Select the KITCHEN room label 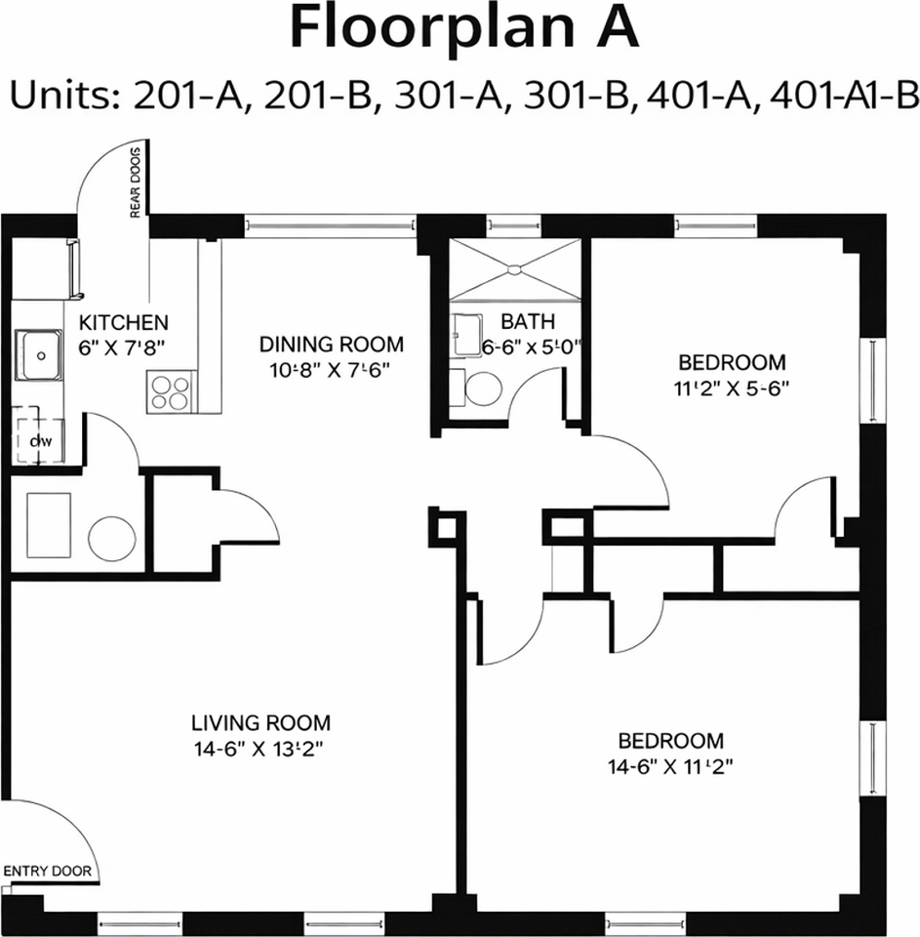pos(124,322)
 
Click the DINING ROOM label pos(331,345)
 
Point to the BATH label pos(528,321)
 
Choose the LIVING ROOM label pos(260,723)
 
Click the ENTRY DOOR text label pos(48,872)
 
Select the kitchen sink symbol pos(39,355)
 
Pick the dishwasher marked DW pos(39,441)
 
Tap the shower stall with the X pos(513,267)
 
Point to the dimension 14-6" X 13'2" pos(260,750)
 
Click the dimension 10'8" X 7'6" pos(331,371)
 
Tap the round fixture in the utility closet pos(111,538)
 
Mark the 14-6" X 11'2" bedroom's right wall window pos(866,758)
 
